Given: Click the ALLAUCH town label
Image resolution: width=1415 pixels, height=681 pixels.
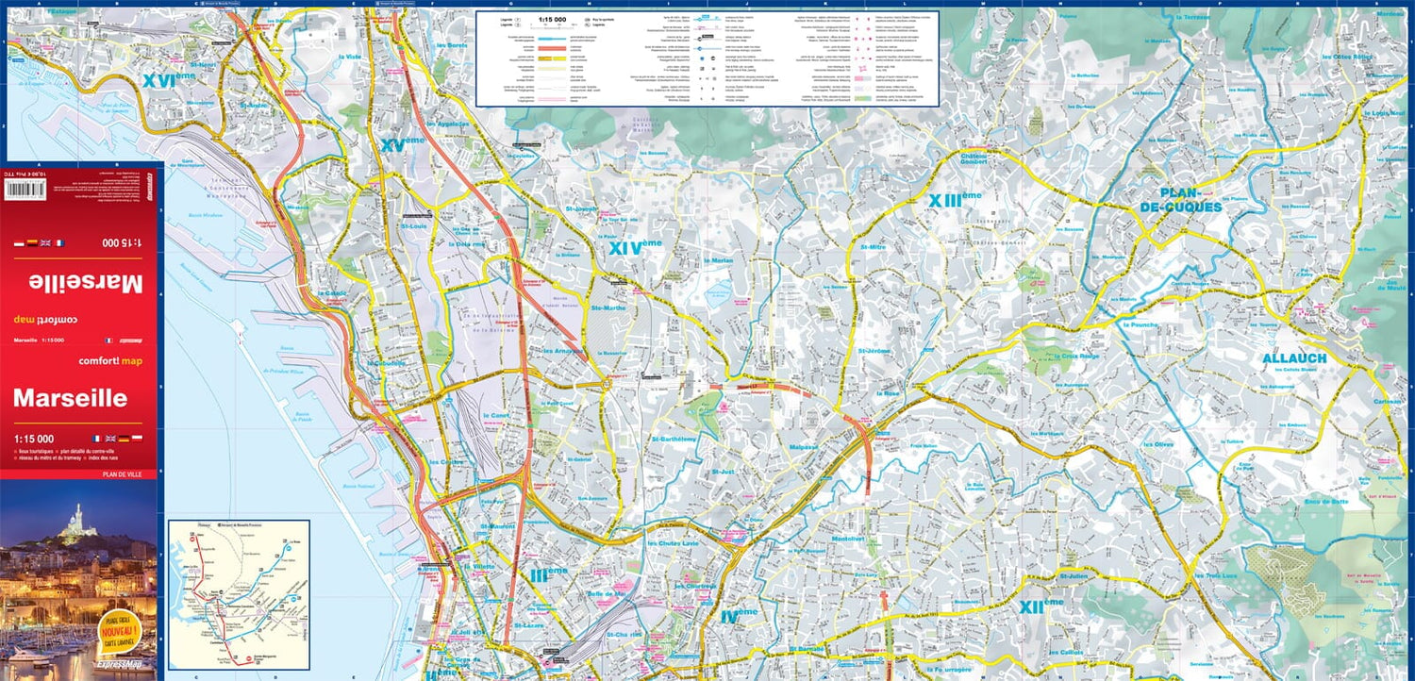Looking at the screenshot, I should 1294,358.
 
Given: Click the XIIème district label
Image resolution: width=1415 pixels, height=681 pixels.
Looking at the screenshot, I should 1040,606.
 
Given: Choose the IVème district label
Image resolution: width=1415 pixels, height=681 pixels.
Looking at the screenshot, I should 739,614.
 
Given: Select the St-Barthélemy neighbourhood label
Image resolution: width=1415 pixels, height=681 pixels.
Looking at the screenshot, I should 673,439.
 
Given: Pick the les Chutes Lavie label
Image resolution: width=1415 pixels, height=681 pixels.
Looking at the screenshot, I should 673,543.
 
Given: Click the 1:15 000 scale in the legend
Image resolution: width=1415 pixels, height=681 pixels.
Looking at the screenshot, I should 553,18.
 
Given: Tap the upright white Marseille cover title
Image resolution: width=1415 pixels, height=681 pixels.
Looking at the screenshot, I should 70,398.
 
